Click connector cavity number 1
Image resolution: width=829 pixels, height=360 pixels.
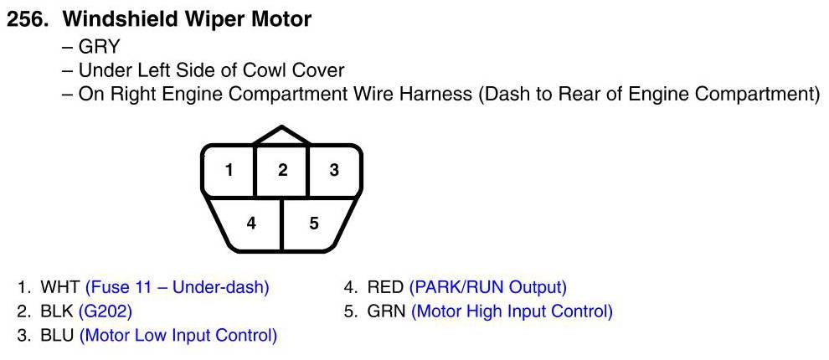(229, 170)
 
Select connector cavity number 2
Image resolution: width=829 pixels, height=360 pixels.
(282, 170)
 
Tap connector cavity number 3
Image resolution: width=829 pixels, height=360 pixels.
(334, 170)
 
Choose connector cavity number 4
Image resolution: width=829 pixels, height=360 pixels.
(250, 224)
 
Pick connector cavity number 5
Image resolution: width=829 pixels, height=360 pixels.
(314, 224)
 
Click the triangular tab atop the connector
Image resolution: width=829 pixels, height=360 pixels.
(282, 136)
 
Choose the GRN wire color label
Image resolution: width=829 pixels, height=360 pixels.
(386, 311)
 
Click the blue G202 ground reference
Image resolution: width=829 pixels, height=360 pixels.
(106, 311)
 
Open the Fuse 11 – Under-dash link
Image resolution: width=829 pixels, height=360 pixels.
(177, 288)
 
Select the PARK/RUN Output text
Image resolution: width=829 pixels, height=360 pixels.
(487, 288)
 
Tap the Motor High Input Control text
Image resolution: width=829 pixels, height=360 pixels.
(512, 311)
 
